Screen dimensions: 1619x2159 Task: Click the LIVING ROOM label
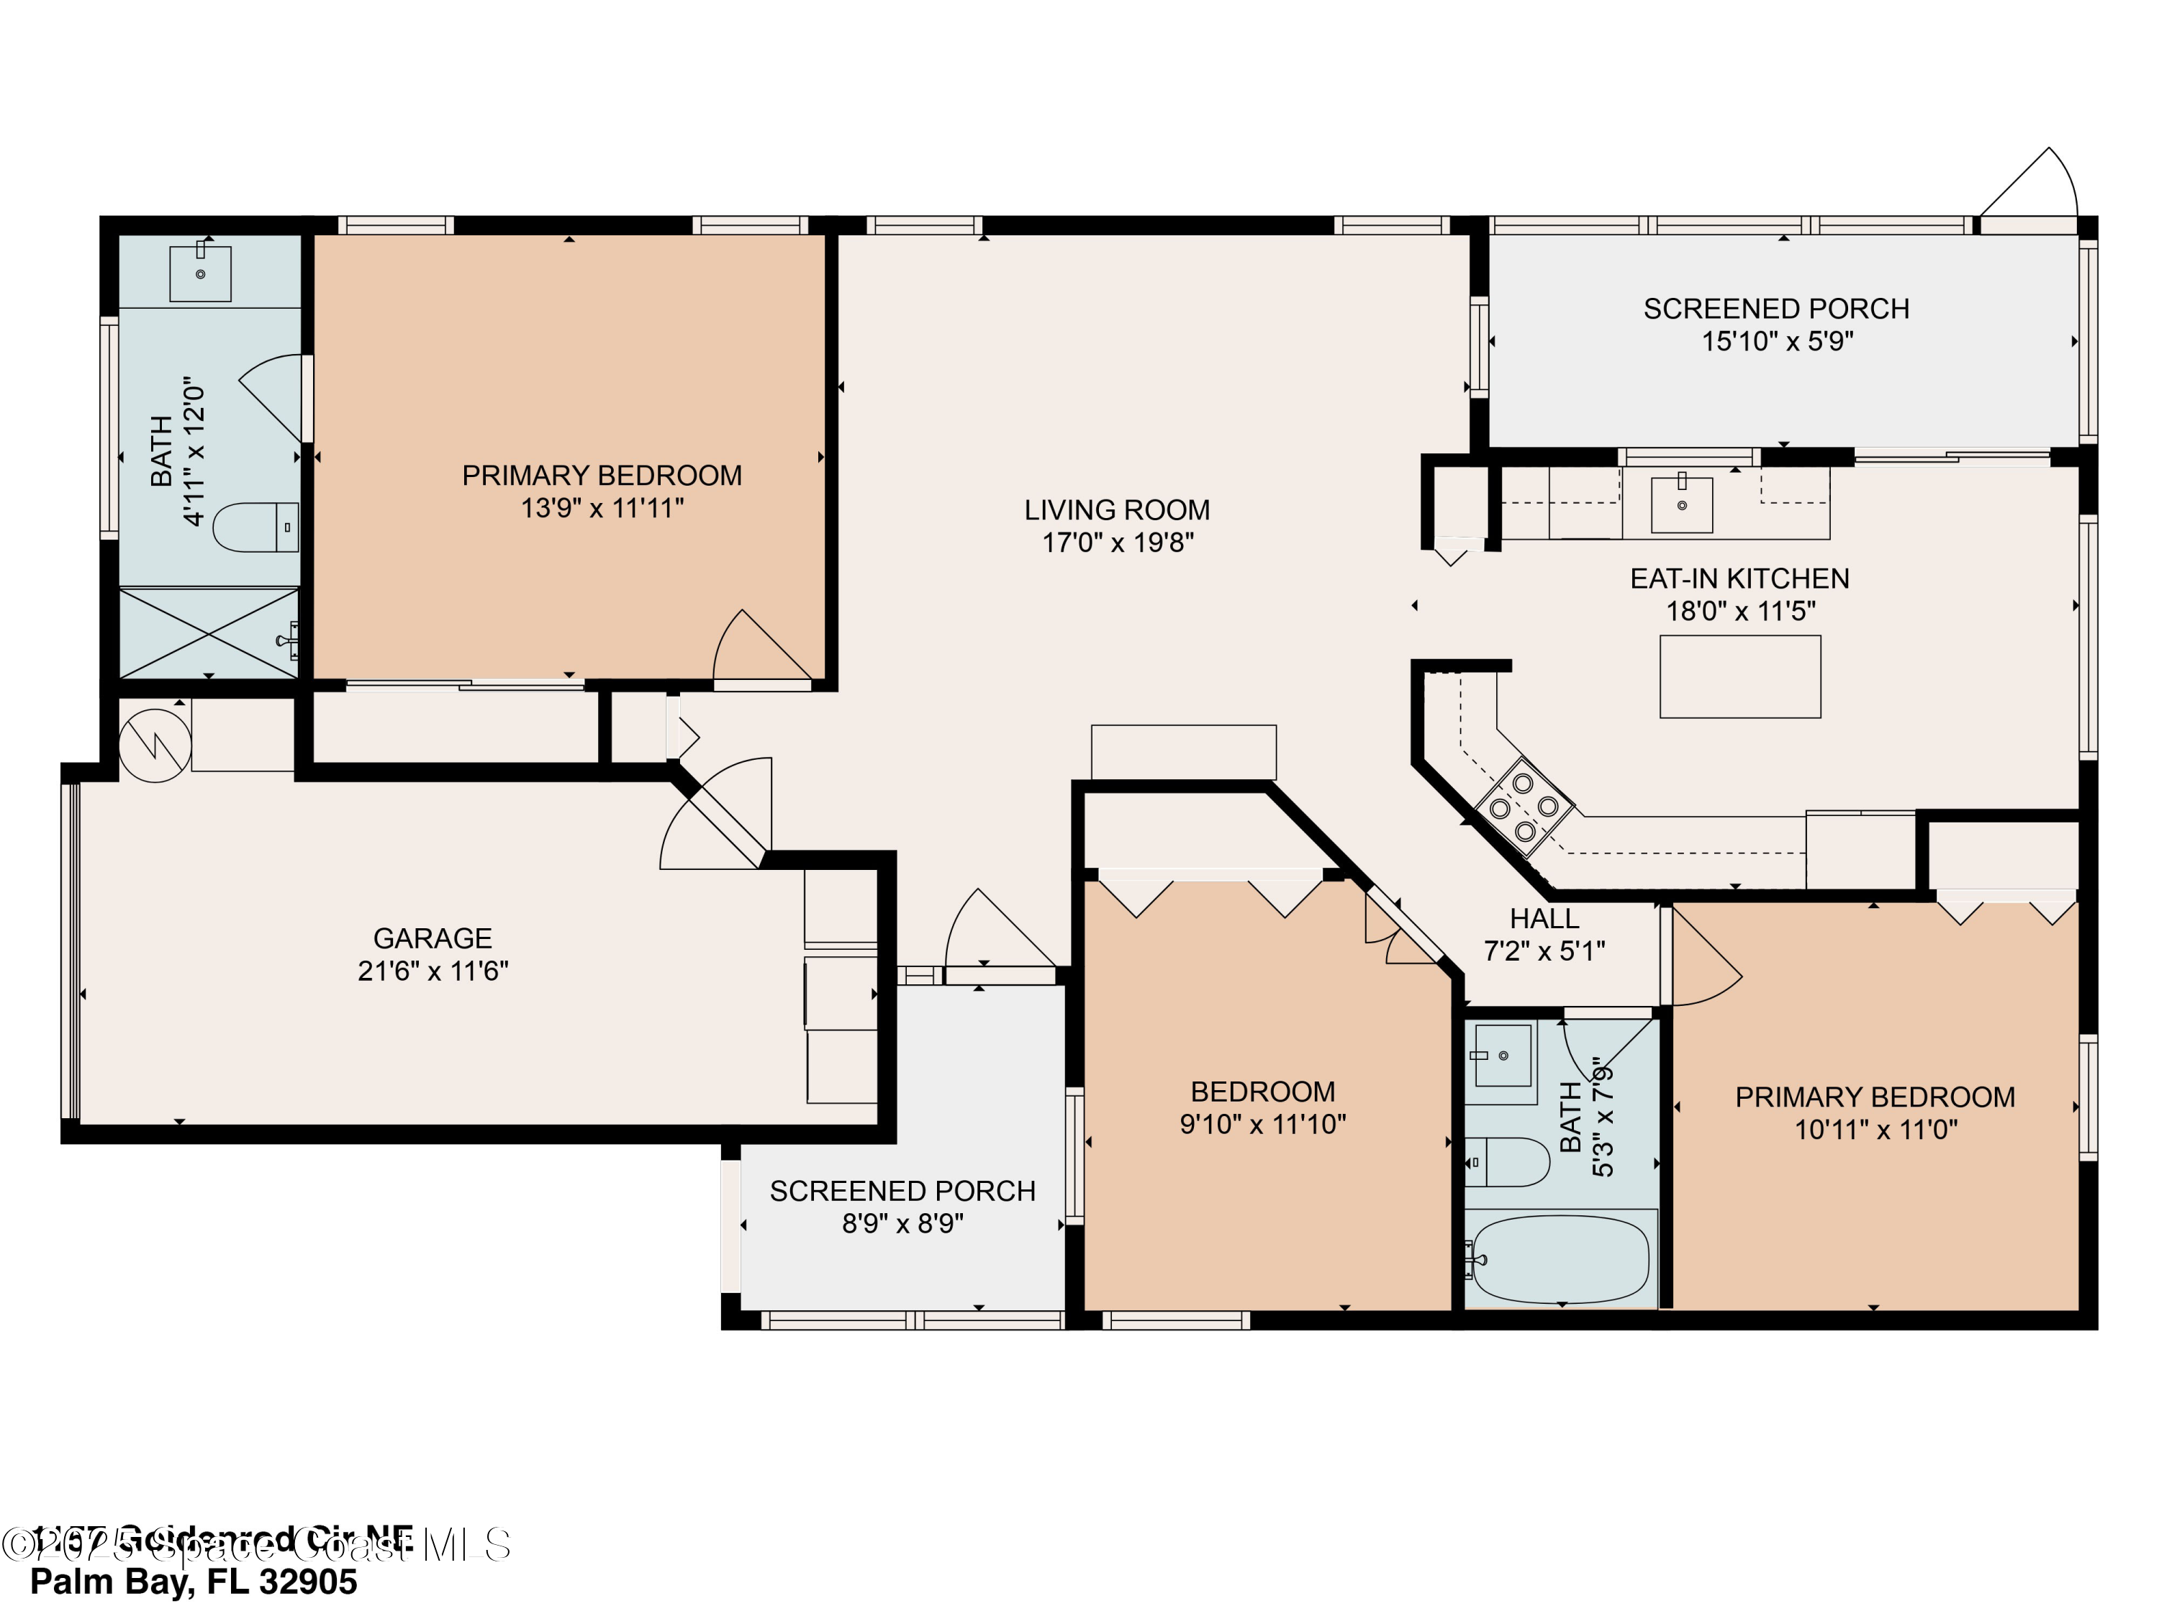tap(1117, 509)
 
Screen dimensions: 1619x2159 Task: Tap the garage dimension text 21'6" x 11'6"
tap(433, 971)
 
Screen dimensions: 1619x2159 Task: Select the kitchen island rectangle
tap(1739, 676)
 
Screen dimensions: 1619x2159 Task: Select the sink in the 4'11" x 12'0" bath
tap(200, 274)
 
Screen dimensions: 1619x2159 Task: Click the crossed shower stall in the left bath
tap(209, 632)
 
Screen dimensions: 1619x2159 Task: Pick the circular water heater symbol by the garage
tap(154, 745)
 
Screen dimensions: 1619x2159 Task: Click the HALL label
tap(1544, 918)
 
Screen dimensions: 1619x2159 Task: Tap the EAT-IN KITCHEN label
tap(1739, 579)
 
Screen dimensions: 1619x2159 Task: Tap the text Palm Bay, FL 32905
tap(194, 1581)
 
